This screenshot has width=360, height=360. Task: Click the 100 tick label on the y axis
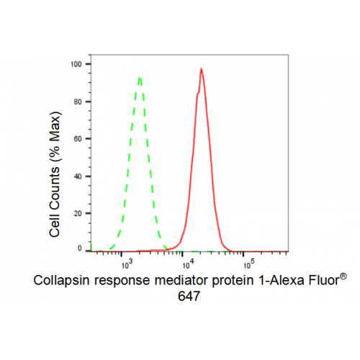[x=76, y=64]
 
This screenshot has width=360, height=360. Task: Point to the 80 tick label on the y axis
[x=78, y=102]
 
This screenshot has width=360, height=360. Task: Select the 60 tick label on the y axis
[x=78, y=139]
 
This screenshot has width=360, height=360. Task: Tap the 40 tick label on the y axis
[x=78, y=176]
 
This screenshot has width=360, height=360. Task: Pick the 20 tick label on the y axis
[x=78, y=214]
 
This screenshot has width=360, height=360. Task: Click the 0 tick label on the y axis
[x=80, y=248]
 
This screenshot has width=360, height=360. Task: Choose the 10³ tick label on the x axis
[x=127, y=264]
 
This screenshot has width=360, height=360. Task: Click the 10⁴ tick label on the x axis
[x=188, y=264]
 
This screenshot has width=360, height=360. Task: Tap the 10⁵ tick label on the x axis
[x=249, y=264]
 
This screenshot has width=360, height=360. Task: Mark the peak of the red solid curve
[x=201, y=68]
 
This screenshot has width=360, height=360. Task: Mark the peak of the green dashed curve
[x=140, y=78]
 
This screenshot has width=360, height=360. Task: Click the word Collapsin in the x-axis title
[x=61, y=281]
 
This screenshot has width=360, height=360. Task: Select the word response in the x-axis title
[x=122, y=282]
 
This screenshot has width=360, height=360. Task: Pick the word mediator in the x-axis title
[x=181, y=280]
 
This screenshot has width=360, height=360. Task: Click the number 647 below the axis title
[x=189, y=297]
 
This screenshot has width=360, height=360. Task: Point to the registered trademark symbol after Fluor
[x=343, y=276]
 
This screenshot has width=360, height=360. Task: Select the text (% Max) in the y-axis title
[x=55, y=137]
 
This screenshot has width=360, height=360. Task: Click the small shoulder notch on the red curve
[x=198, y=93]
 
